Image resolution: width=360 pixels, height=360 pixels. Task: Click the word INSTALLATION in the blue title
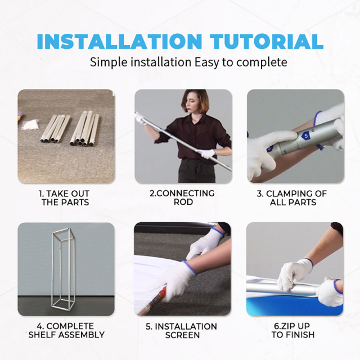click(x=119, y=41)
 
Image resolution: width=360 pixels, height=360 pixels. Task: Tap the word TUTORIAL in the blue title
click(x=267, y=41)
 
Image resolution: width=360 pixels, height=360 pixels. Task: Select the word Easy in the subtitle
click(x=206, y=62)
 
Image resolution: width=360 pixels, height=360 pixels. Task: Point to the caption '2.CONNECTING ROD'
click(x=182, y=197)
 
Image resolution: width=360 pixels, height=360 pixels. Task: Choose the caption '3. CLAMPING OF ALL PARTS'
click(x=292, y=198)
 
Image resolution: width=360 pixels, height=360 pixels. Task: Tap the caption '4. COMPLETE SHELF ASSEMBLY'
click(x=66, y=330)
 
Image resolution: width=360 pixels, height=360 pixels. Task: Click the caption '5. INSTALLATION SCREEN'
click(x=181, y=331)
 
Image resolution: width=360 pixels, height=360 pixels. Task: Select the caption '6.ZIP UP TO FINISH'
click(x=293, y=330)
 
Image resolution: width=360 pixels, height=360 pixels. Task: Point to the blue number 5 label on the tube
click(x=306, y=136)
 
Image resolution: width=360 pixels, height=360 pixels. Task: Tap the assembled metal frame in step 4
click(x=63, y=268)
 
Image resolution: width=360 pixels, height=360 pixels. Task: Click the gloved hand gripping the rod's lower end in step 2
click(x=208, y=154)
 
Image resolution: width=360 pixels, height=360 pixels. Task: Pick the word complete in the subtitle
click(x=262, y=62)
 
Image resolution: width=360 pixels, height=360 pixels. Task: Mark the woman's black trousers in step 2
click(x=196, y=171)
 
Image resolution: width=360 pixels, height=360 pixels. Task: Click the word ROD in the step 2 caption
click(x=183, y=202)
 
